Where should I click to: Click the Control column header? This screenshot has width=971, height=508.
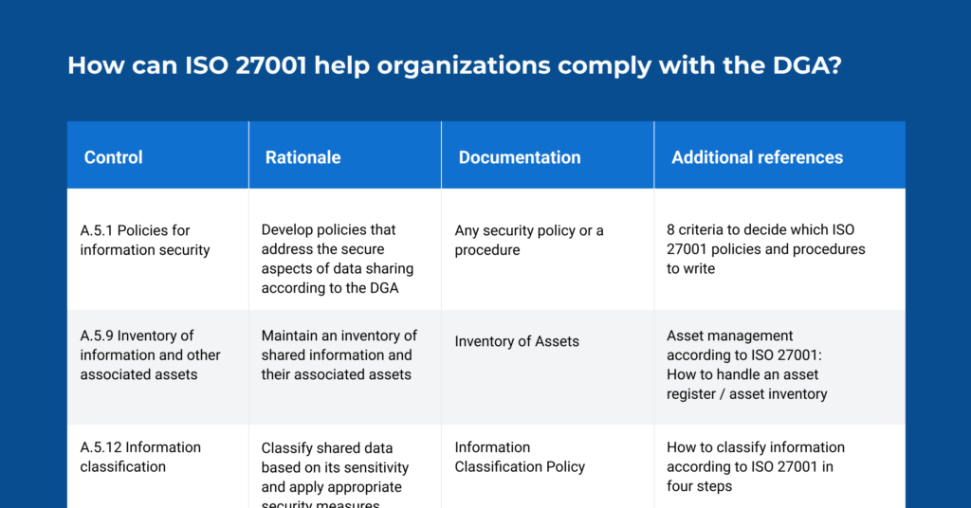pos(114,157)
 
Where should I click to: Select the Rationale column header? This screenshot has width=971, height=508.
pos(302,157)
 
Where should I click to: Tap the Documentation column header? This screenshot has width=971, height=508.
pos(520,157)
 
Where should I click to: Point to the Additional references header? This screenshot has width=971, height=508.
pos(757,157)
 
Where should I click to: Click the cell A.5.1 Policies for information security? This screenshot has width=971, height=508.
pos(145,240)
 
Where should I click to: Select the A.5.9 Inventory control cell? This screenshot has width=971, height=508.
pos(150,354)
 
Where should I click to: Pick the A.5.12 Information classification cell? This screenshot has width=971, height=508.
pos(140,457)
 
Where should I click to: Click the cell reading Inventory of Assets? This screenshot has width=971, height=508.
pos(517,341)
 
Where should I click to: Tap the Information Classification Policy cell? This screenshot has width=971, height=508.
pos(520,457)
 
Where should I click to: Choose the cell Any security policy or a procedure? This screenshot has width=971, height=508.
pos(529,240)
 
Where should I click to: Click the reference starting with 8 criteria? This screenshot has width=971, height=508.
pos(765,249)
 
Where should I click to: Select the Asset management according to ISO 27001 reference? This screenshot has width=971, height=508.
pos(746,364)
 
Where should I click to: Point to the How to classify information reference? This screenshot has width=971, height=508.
pos(755,466)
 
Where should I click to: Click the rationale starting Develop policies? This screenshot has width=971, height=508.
pos(339,259)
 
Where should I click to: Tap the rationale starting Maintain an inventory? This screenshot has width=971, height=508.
pos(339,354)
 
